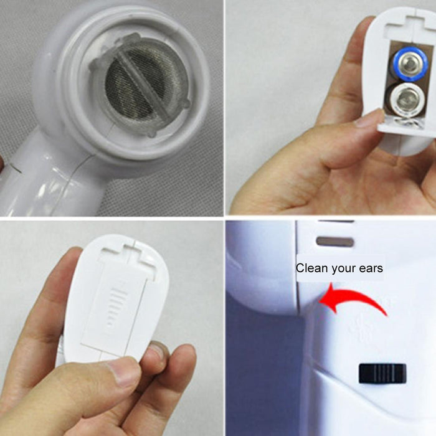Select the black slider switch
[x=382, y=373]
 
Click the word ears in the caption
[x=369, y=268]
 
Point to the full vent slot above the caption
[x=334, y=241]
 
